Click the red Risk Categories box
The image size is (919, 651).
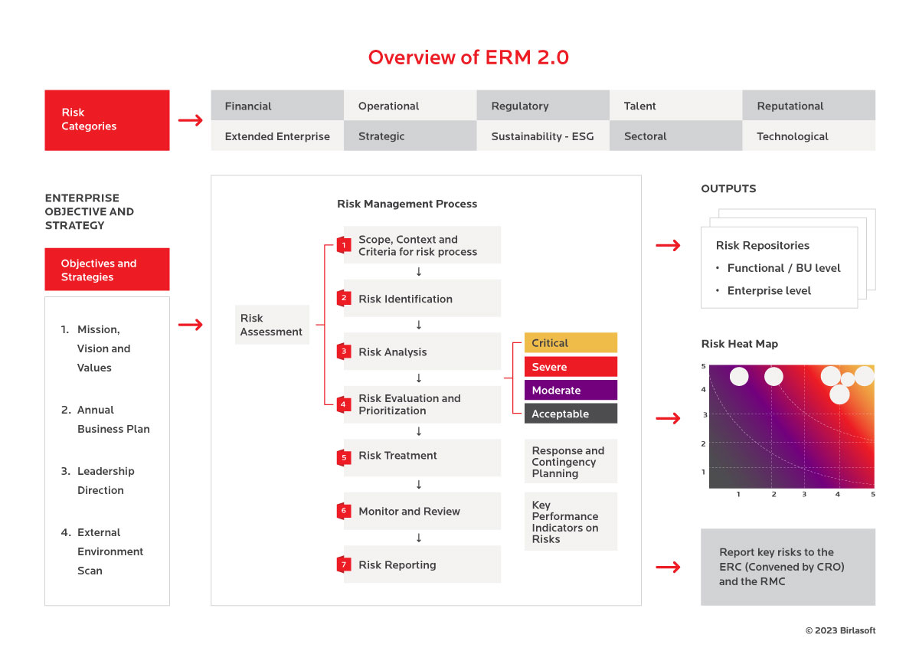pos(107,120)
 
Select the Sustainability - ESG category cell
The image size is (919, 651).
pos(543,136)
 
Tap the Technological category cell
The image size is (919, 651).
pos(809,136)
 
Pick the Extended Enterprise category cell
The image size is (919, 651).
pos(277,136)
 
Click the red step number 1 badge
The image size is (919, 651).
pos(344,245)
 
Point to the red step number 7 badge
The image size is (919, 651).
pos(344,564)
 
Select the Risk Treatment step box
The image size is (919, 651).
pos(422,457)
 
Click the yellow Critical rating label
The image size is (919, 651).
pos(571,342)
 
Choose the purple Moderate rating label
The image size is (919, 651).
pos(571,390)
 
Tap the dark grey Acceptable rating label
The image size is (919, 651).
pos(571,414)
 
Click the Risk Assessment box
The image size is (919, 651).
pos(272,325)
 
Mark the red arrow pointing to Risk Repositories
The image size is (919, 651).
pos(668,245)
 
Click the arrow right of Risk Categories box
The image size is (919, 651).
pos(191,120)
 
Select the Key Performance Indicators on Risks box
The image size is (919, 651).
pos(571,522)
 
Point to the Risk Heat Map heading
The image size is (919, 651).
pos(739,344)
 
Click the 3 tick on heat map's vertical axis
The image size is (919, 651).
pos(705,414)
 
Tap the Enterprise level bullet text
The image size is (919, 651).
pos(769,290)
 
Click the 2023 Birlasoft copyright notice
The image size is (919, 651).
pos(840,630)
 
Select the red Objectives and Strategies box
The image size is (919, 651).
pos(107,269)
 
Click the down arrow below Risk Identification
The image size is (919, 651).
pos(418,325)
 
